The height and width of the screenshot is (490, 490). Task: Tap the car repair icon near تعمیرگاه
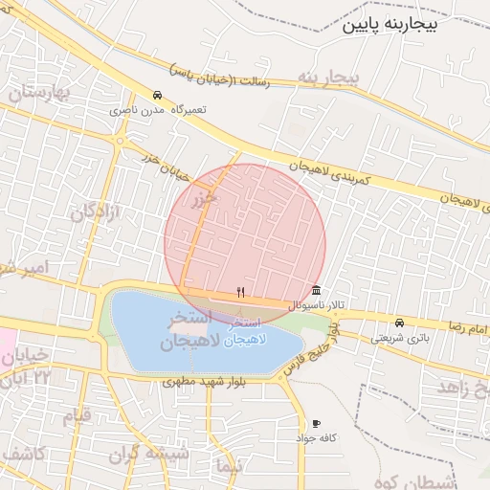coord(157,96)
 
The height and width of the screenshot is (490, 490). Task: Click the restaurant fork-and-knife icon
coord(241,293)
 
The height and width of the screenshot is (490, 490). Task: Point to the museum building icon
coord(316,292)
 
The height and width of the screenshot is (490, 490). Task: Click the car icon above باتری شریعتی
coord(399,323)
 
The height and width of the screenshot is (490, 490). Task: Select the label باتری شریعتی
coord(399,337)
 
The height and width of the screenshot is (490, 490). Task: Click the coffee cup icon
coord(316,423)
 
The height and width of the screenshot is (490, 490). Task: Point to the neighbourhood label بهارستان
coord(39,94)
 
